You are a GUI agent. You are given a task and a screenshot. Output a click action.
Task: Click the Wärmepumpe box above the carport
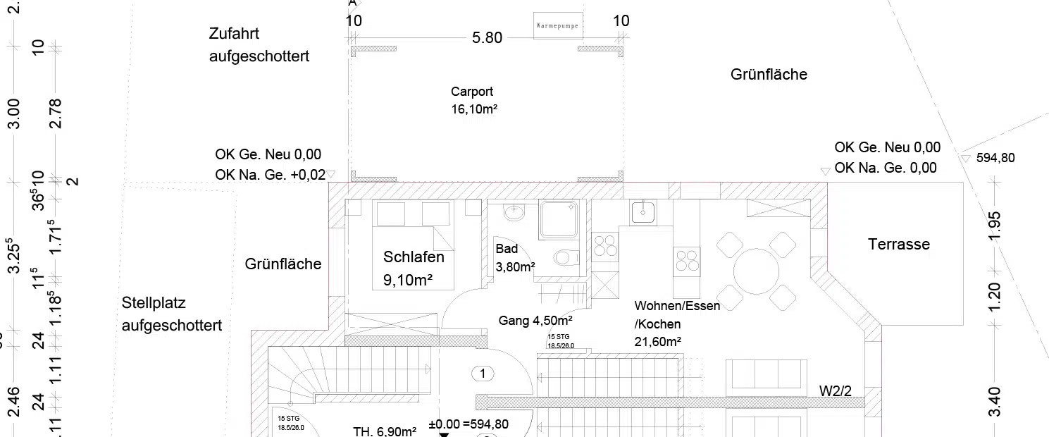click(x=557, y=25)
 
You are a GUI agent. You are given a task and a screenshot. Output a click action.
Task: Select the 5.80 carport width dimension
click(x=487, y=38)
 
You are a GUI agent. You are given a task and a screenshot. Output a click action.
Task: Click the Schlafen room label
click(x=414, y=257)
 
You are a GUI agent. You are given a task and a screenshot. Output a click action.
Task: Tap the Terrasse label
click(x=898, y=245)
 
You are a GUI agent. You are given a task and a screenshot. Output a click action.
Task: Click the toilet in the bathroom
click(x=566, y=258)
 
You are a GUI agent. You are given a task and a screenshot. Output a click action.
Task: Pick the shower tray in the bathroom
click(x=558, y=218)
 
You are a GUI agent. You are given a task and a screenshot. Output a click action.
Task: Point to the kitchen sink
click(x=643, y=212)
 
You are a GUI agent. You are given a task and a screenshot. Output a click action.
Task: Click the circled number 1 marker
click(x=483, y=374)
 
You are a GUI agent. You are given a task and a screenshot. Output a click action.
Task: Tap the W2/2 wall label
click(x=836, y=390)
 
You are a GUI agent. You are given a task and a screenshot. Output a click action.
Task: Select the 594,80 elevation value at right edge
click(x=995, y=159)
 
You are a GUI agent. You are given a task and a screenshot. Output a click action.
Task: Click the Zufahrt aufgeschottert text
click(x=259, y=45)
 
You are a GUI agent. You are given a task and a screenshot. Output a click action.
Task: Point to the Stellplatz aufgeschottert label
click(x=171, y=314)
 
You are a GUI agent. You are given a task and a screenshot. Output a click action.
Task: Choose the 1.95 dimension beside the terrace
click(x=994, y=226)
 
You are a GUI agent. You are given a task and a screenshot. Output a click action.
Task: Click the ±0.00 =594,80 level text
click(x=468, y=424)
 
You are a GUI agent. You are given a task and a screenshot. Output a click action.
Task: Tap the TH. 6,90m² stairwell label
click(x=385, y=431)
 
